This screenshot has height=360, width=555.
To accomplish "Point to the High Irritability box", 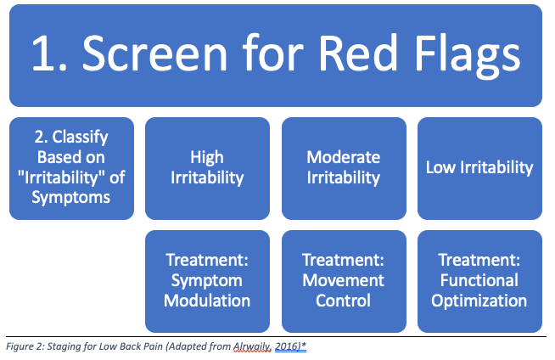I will [x=207, y=168].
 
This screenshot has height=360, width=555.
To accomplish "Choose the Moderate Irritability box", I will [x=343, y=168].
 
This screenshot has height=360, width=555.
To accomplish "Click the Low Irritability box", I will [x=479, y=168].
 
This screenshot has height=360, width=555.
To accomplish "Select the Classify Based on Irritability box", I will [x=71, y=168].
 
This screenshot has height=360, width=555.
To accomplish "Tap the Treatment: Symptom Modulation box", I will [x=207, y=280].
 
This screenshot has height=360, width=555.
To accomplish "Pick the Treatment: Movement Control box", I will [x=343, y=280].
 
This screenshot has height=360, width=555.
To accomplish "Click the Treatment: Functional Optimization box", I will [x=479, y=280].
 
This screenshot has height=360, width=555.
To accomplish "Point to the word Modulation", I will [x=207, y=301].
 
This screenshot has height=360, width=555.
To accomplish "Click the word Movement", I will [x=343, y=280].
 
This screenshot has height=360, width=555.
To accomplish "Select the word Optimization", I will [x=479, y=301].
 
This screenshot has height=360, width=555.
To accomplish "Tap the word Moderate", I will [x=343, y=157].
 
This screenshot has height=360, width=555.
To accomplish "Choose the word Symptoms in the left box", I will [x=71, y=199].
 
